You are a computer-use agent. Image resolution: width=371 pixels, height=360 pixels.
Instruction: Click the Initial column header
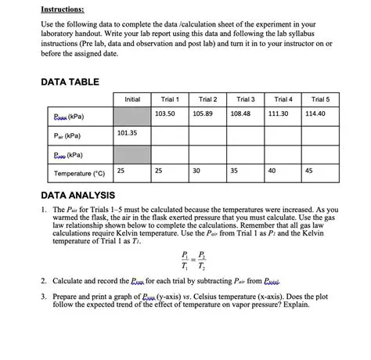[x=132, y=99]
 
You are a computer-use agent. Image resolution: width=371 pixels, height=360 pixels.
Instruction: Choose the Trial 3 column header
[x=246, y=99]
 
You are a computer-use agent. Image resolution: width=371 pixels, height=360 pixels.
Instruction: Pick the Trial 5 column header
[x=322, y=99]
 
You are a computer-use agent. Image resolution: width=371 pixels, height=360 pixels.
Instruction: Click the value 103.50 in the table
[x=165, y=114]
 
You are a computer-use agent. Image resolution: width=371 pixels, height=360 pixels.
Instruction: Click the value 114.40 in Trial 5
[x=316, y=114]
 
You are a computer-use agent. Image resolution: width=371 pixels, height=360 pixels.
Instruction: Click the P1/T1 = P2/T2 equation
[x=191, y=258]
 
